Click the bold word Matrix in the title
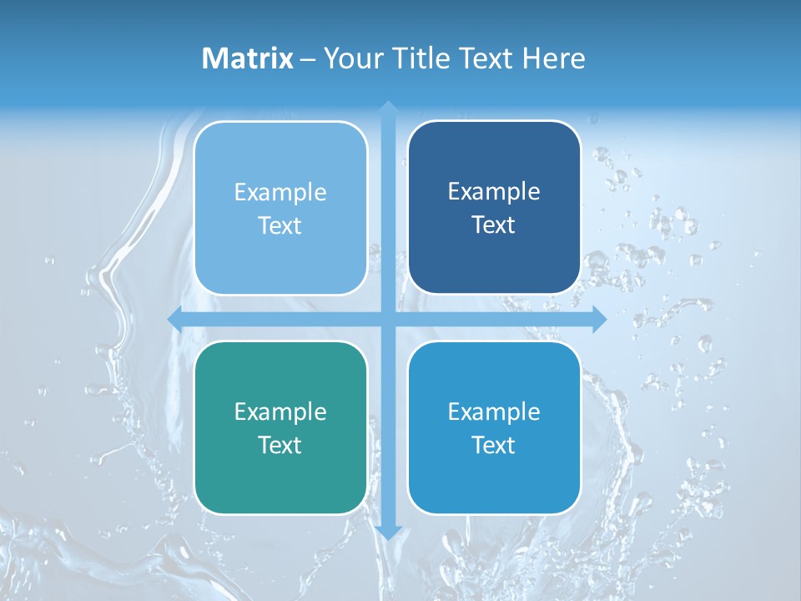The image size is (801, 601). pos(248,58)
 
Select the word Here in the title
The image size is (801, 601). pos(554,58)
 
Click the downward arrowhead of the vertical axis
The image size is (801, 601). pos(387,533)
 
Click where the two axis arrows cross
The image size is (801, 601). pos(387,319)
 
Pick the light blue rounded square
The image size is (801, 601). pos(280,150)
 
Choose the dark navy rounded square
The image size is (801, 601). pos(494,150)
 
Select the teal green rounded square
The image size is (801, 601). pos(280,484)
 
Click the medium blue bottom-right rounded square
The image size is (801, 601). pos(494,484)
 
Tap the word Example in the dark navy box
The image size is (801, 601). pos(494,192)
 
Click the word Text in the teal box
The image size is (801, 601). pos(280,445)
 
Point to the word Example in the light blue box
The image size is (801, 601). pos(280,193)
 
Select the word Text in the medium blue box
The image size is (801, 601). pos(494,445)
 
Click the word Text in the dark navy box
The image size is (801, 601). pos(494,225)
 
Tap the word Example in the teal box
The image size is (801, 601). pos(280,412)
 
